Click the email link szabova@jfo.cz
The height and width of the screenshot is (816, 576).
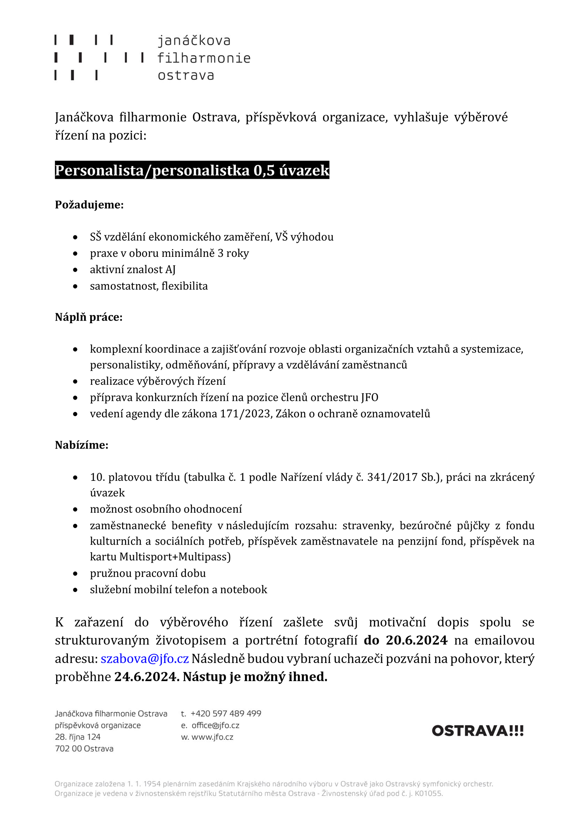144,659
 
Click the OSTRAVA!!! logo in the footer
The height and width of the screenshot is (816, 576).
477,731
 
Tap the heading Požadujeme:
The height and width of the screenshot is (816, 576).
89,205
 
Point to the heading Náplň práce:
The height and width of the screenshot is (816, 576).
89,317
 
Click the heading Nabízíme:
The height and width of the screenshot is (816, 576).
81,445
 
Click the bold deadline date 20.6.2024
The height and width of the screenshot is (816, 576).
417,640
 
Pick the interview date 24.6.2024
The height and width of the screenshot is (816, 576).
146,677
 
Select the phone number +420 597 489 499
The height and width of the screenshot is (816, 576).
226,714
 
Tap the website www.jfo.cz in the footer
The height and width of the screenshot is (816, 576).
212,737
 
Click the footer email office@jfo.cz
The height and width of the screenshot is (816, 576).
215,725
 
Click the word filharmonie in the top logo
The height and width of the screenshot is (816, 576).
204,58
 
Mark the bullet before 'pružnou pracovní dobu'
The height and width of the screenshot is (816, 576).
75,574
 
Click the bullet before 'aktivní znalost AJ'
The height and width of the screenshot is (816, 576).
75,270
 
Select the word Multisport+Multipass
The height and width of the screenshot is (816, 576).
175,557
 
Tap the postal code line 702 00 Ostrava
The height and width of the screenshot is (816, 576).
84,749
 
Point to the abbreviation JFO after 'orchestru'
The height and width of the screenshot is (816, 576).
369,397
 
